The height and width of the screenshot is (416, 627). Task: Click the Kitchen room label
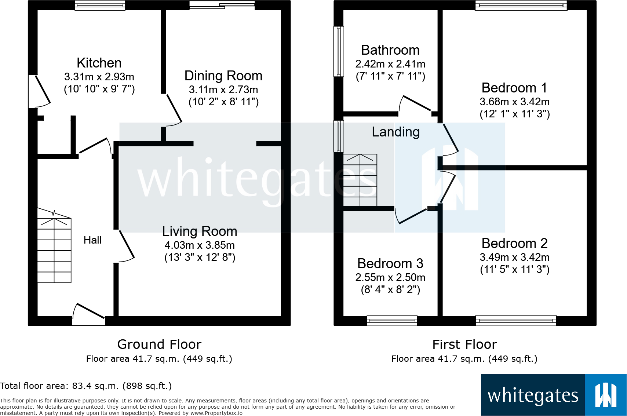tap(99, 63)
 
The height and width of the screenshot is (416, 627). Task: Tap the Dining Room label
tap(223, 76)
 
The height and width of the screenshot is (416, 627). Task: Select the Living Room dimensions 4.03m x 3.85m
tap(200, 245)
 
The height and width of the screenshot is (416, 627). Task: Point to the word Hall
tap(93, 240)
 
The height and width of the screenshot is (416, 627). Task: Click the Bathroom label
tap(390, 50)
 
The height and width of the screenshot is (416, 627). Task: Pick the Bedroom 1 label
tap(514, 88)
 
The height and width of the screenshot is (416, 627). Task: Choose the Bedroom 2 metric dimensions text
tap(515, 257)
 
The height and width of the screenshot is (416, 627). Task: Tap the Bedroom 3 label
tap(390, 263)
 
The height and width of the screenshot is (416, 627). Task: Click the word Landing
tap(396, 132)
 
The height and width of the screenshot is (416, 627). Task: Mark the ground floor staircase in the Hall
tap(54, 245)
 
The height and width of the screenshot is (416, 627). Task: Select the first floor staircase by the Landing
tap(360, 180)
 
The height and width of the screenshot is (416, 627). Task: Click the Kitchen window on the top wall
tap(100, 5)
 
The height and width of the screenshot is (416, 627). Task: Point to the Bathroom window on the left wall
tap(339, 51)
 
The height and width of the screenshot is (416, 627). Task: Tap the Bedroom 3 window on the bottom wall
tap(392, 321)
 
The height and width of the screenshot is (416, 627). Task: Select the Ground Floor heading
tap(159, 344)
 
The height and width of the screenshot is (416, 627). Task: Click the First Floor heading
tap(464, 344)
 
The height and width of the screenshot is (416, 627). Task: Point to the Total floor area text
tap(85, 386)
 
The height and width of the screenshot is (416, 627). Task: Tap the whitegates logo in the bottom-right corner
tap(554, 395)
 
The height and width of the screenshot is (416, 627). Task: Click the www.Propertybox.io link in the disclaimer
tap(216, 413)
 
